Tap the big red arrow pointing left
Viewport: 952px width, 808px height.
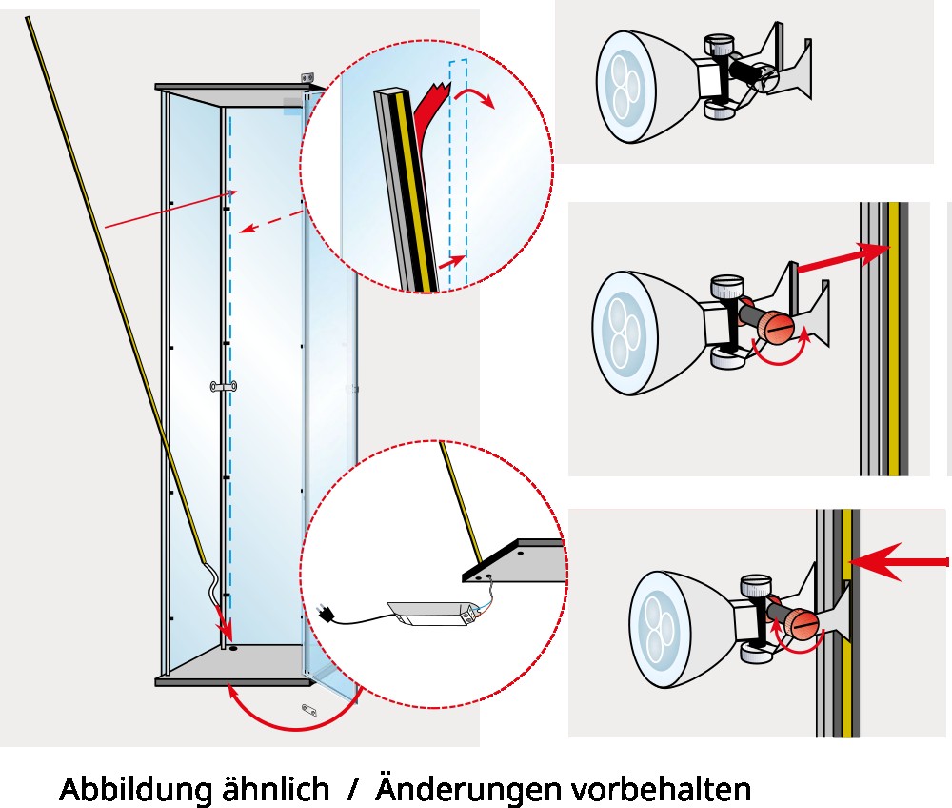pyautogui.click(x=900, y=563)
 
